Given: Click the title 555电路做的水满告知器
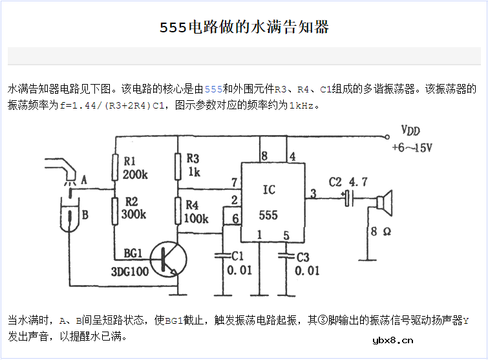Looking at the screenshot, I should (x=244, y=27).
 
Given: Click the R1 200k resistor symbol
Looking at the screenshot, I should (x=115, y=167).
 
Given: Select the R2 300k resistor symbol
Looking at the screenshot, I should (x=115, y=211).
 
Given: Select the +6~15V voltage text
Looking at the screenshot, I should (x=412, y=147).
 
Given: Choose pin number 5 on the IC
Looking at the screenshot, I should (x=286, y=235).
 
